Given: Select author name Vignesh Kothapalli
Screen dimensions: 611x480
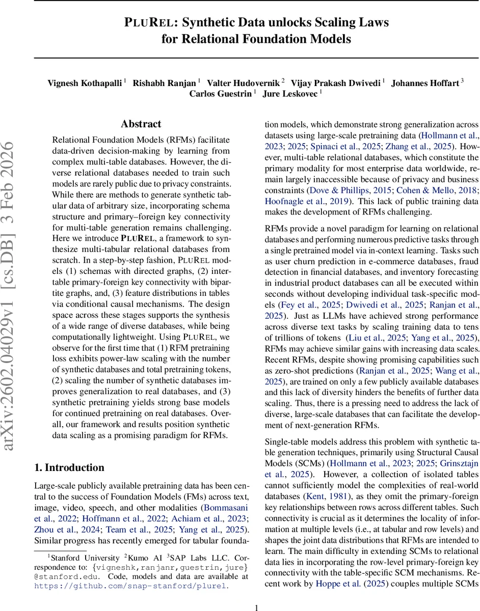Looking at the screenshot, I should (x=85, y=84).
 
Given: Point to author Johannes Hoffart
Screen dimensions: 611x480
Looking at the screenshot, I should (x=425, y=84).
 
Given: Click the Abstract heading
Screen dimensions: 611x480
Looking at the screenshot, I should (x=141, y=124).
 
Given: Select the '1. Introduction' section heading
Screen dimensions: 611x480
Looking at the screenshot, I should (x=69, y=467).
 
